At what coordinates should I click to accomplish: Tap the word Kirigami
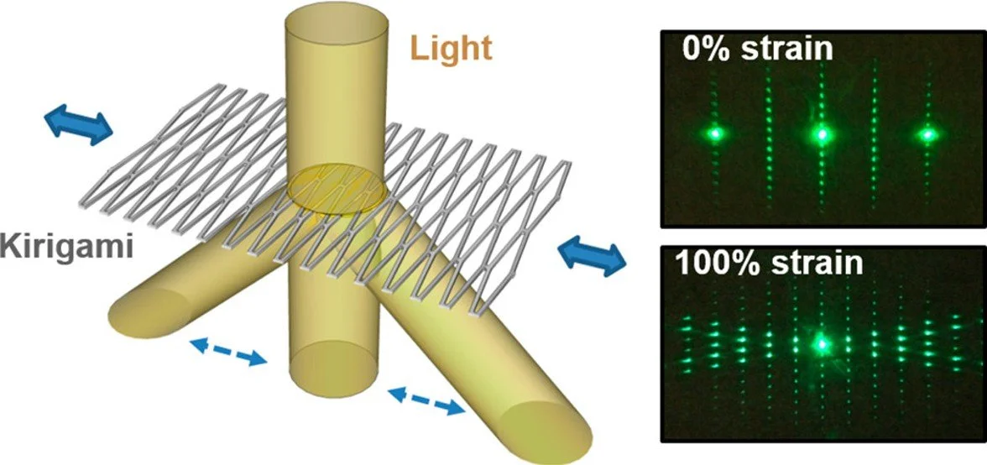(63, 248)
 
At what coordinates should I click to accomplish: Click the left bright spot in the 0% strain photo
(716, 133)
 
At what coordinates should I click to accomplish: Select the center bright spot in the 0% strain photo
(822, 133)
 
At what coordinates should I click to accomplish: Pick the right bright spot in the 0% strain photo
(927, 133)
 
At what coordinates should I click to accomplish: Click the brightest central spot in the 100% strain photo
(822, 342)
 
